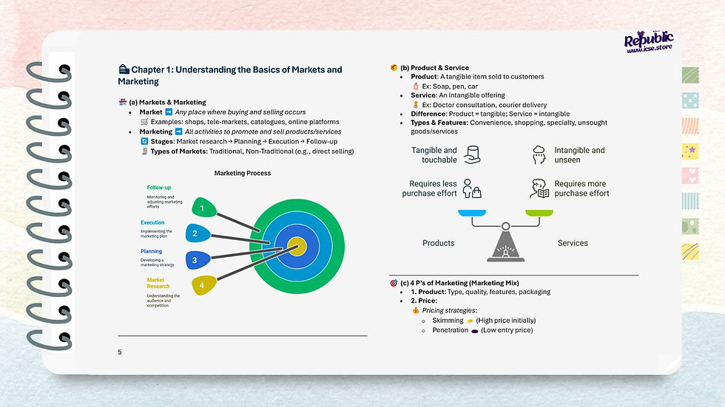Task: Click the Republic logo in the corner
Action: point(648,44)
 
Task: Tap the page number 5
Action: point(120,352)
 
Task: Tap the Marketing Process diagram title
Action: point(243,174)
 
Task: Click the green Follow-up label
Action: point(158,188)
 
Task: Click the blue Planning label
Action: point(151,251)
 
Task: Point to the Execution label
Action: point(152,222)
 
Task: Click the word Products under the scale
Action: point(439,243)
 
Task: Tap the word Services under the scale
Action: point(573,243)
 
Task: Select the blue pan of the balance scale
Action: point(471,213)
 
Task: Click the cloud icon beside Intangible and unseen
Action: point(539,154)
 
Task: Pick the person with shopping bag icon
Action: point(471,188)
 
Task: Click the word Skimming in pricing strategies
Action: point(448,321)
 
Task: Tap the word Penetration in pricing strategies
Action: point(451,330)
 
